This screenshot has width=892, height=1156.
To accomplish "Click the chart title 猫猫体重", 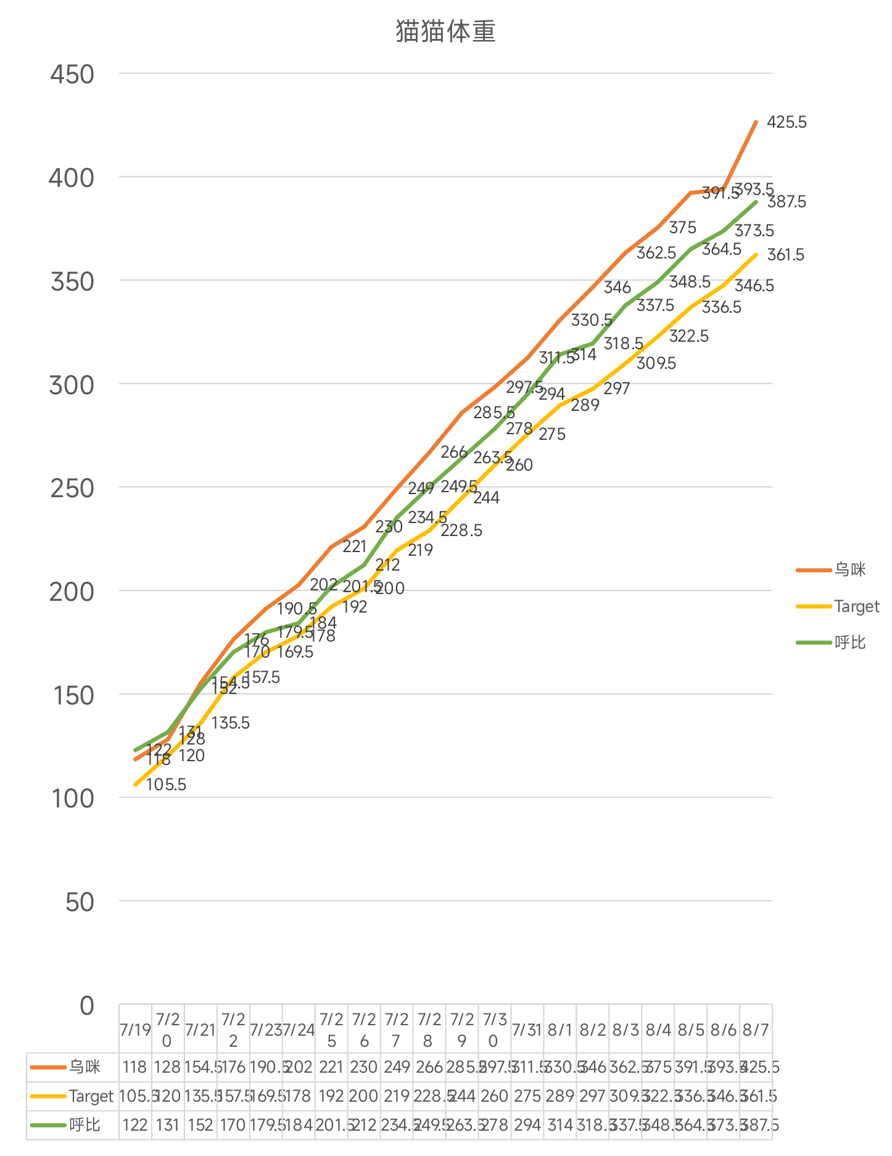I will point(445,31).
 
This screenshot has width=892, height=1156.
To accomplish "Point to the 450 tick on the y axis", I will point(72,75).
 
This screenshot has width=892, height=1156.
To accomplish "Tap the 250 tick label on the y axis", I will point(72,488).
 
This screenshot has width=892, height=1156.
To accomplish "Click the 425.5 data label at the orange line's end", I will point(787,122).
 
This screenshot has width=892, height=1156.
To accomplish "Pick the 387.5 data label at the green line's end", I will point(787,202).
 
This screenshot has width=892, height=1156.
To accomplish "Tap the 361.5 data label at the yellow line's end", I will point(785,255).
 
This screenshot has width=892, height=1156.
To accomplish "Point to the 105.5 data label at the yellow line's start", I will point(165,785).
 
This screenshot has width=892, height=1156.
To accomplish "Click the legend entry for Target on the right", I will point(856,606).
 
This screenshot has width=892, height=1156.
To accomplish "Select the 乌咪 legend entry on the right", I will point(850,570).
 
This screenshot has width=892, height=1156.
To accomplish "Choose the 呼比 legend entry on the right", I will point(850,643).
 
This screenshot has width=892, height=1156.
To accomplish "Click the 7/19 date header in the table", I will point(135,1030).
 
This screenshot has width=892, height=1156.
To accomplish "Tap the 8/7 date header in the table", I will point(756,1030).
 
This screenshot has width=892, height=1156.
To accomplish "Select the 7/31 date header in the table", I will point(527,1030).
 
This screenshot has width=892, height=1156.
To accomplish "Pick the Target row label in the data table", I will point(91,1096).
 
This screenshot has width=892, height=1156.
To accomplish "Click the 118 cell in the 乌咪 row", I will point(134,1067).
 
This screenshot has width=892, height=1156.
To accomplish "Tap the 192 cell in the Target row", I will point(331,1096).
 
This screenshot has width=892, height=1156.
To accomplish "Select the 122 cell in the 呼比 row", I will point(134,1125).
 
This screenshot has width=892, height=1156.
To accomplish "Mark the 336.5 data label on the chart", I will point(722,307).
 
